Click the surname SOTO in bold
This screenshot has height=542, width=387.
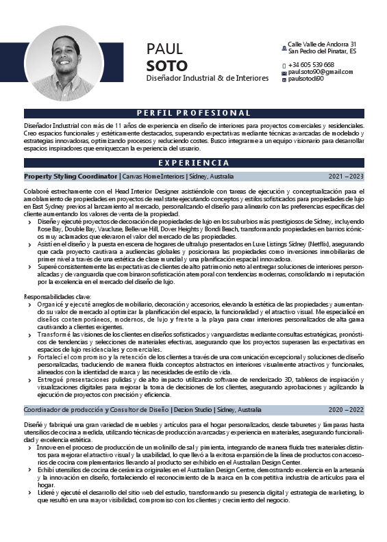pyautogui.click(x=166, y=66)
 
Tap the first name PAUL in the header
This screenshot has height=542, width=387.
pyautogui.click(x=164, y=49)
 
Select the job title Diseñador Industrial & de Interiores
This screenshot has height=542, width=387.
pyautogui.click(x=208, y=79)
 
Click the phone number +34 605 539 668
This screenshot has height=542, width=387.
pyautogui.click(x=311, y=64)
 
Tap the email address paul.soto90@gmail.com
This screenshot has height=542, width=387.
pyautogui.click(x=321, y=72)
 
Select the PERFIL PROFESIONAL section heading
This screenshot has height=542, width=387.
pyautogui.click(x=193, y=113)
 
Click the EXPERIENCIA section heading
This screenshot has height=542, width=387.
pyautogui.click(x=193, y=163)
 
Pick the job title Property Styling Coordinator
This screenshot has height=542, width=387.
pyautogui.click(x=71, y=177)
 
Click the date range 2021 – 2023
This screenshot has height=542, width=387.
pyautogui.click(x=346, y=177)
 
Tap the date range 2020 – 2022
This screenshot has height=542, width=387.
pyautogui.click(x=346, y=410)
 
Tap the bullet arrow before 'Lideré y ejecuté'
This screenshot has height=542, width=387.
pyautogui.click(x=29, y=493)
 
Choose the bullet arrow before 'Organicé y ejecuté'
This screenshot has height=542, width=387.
pyautogui.click(x=29, y=303)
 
